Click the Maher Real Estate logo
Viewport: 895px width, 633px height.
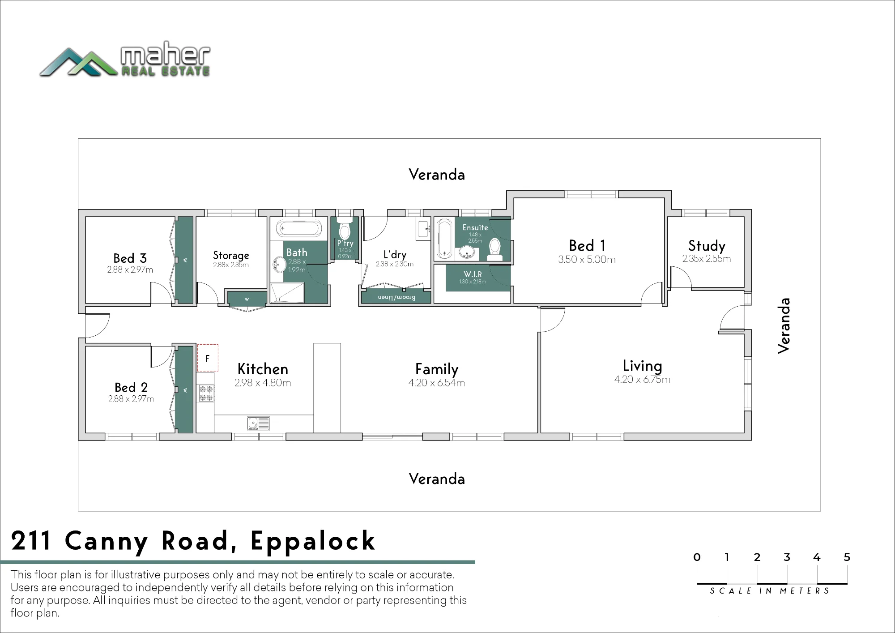pyautogui.click(x=125, y=59)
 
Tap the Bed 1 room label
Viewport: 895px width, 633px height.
pyautogui.click(x=587, y=245)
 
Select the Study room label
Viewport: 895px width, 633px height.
pyautogui.click(x=707, y=246)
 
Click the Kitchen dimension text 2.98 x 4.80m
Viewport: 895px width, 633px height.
pyautogui.click(x=263, y=383)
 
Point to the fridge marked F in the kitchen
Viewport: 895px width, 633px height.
pyautogui.click(x=208, y=358)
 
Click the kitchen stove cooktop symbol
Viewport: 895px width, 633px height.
pyautogui.click(x=206, y=393)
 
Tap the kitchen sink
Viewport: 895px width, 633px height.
pyautogui.click(x=258, y=423)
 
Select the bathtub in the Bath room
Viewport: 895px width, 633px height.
pyautogui.click(x=298, y=229)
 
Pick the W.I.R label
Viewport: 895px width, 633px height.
pyautogui.click(x=473, y=274)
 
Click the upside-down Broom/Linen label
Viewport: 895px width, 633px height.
pyautogui.click(x=396, y=298)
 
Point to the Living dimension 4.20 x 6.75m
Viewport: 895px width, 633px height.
pyautogui.click(x=642, y=380)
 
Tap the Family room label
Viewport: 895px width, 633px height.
pyautogui.click(x=437, y=369)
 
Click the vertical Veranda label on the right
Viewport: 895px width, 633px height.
pyautogui.click(x=784, y=325)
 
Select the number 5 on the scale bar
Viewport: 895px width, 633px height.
pyautogui.click(x=847, y=557)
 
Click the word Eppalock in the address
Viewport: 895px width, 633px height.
pyautogui.click(x=313, y=541)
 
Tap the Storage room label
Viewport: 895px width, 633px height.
pyautogui.click(x=231, y=255)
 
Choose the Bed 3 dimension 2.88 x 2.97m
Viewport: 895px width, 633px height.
pyautogui.click(x=130, y=270)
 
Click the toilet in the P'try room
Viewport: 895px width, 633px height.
pyautogui.click(x=345, y=230)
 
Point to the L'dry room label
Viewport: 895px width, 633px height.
pyautogui.click(x=395, y=254)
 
